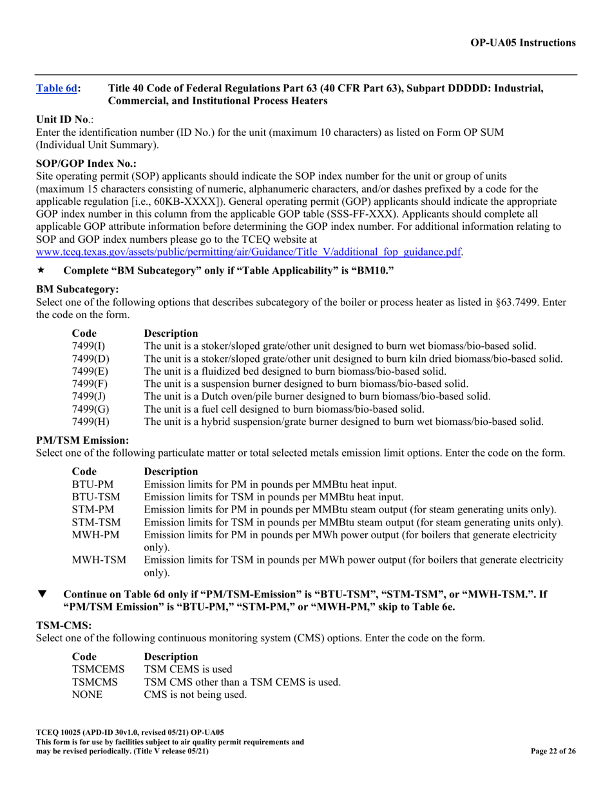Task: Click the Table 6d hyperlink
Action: [57, 89]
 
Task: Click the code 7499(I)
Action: [88, 346]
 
